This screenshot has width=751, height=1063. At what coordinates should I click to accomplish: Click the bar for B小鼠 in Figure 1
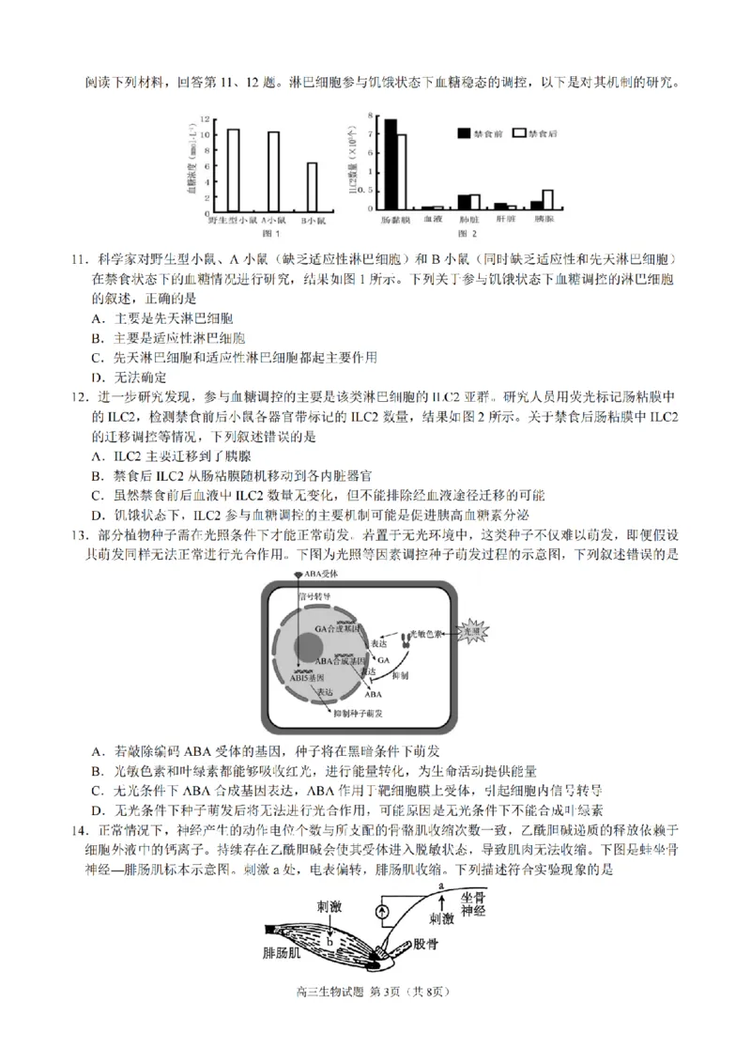pos(313,188)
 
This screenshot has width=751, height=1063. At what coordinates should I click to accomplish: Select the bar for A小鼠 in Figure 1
pos(273,171)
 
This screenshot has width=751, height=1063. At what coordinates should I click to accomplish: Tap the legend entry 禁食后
pos(542,134)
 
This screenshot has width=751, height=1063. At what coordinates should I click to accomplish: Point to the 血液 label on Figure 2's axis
pos(432,219)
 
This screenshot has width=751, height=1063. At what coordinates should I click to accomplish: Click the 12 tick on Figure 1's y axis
pos(206,121)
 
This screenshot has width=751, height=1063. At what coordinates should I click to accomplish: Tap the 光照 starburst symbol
pos(469,635)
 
